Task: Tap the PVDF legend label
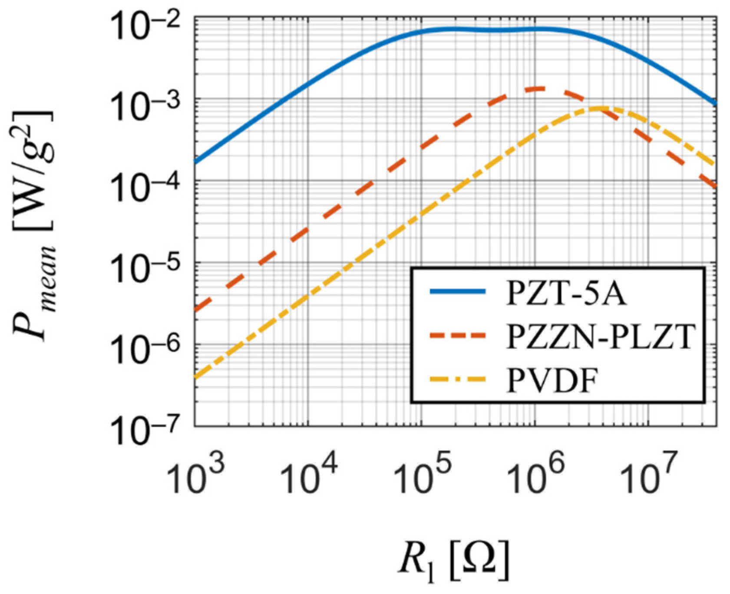(x=551, y=381)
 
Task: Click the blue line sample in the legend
(x=457, y=293)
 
